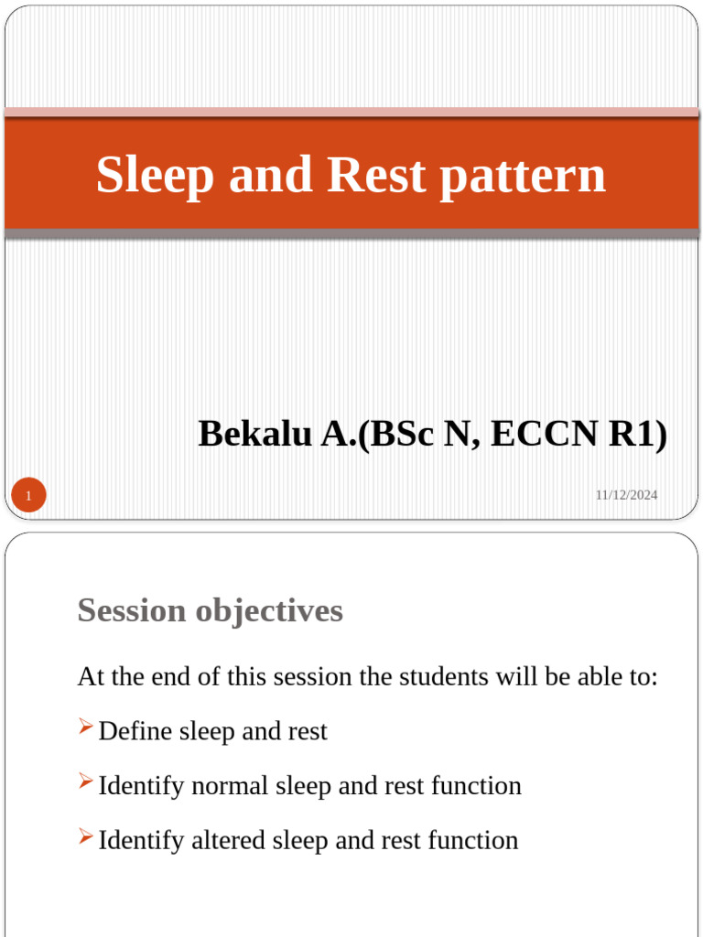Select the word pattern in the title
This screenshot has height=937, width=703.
tap(522, 175)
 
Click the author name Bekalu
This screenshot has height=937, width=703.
tap(255, 434)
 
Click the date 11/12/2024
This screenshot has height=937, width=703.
tap(626, 495)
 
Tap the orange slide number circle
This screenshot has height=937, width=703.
tap(28, 497)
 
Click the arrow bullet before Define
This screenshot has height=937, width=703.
tap(85, 727)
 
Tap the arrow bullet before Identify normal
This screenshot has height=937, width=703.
tap(85, 781)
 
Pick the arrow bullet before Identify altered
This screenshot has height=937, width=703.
tap(85, 835)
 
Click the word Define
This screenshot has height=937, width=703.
tap(135, 731)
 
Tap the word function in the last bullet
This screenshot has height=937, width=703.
tap(474, 839)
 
